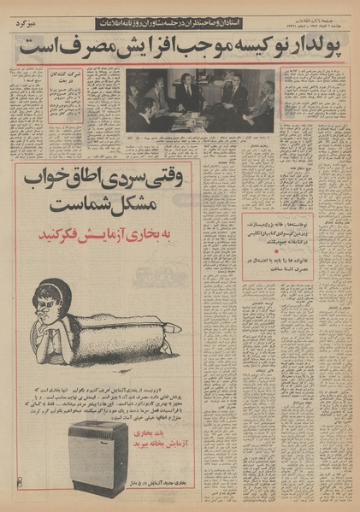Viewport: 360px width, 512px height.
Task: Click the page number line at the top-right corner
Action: click(x=319, y=28)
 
